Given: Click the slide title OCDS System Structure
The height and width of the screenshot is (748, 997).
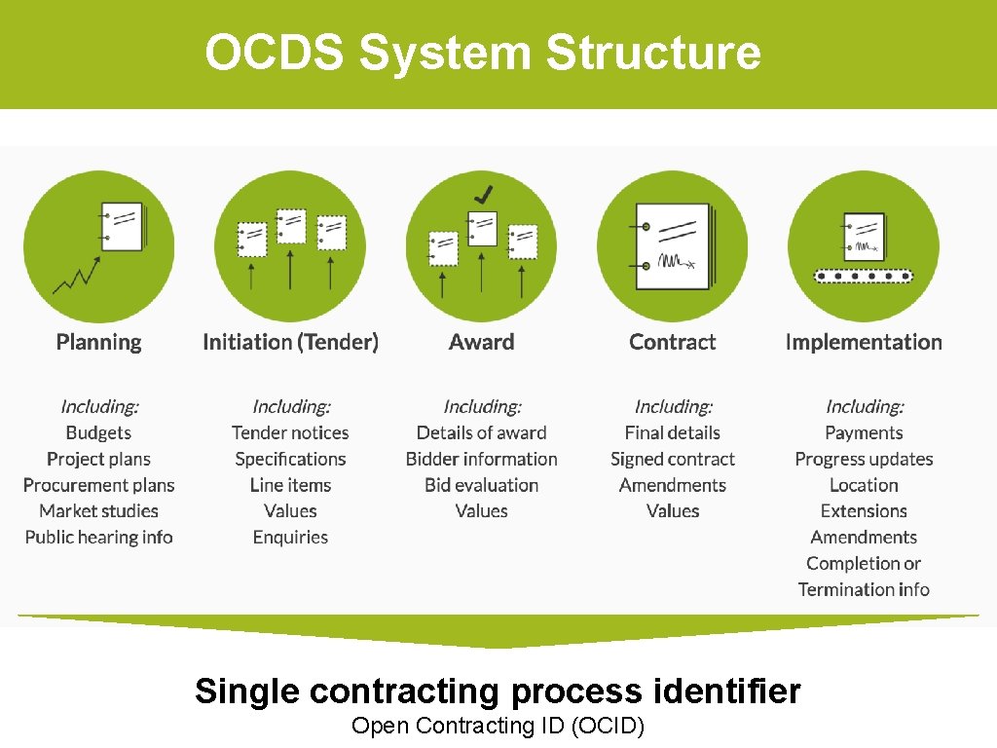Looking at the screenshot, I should point(482,53).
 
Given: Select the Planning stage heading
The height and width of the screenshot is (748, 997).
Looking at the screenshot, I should point(98,343).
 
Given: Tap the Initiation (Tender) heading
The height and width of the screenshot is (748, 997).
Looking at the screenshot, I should point(290,343).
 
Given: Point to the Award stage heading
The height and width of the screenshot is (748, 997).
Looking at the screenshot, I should point(482,343).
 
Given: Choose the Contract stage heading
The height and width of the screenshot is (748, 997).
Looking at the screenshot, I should point(673,343).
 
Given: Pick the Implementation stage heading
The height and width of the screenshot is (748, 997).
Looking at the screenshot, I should point(864,343).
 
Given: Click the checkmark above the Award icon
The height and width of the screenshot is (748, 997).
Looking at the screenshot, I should point(481,194).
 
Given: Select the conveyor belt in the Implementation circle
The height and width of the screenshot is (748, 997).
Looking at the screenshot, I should point(864,277).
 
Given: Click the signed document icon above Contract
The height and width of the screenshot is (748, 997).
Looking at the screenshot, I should point(673,246).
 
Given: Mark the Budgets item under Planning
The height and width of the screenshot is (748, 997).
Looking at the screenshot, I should point(98,433).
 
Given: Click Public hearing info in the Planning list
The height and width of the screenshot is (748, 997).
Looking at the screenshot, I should point(98,538).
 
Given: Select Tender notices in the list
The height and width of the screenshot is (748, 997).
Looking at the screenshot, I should point(290,433).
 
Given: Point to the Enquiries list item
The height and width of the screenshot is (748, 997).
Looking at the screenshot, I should point(290,538).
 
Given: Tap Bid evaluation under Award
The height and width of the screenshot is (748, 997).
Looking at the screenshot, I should point(482,485).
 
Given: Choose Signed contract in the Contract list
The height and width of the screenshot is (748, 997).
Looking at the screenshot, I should point(673,460).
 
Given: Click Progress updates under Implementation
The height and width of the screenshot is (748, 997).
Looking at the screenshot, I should point(864,460).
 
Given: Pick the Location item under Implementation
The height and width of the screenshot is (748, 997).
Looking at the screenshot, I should point(864,485).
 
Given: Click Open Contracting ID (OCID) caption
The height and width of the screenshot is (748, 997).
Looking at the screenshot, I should point(498,726).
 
